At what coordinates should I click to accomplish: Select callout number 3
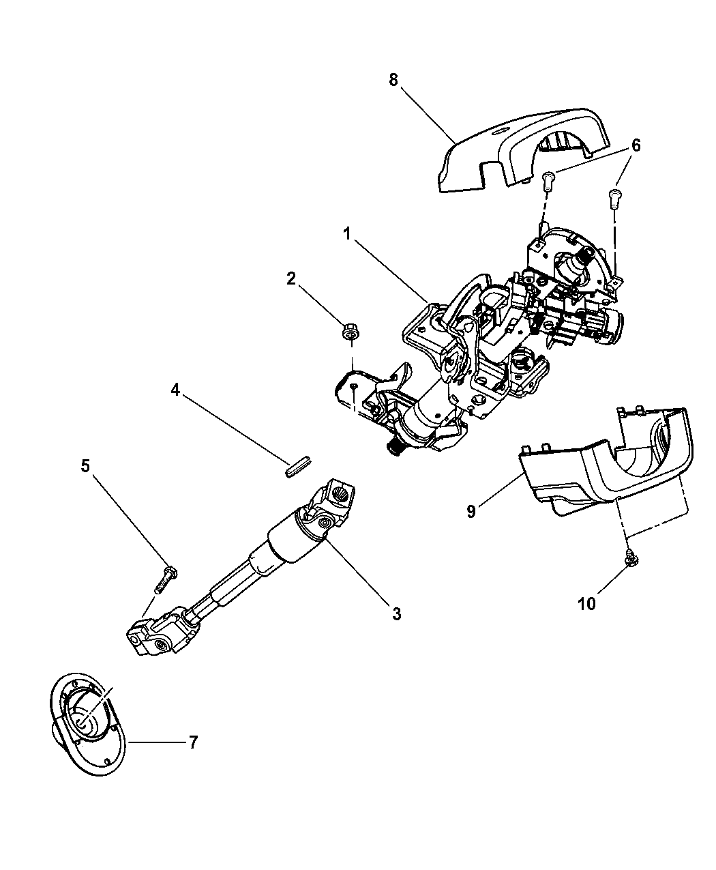point(396,613)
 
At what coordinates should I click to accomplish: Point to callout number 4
point(175,390)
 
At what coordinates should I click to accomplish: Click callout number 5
point(85,466)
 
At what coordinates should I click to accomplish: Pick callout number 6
point(636,145)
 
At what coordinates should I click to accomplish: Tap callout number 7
point(193,742)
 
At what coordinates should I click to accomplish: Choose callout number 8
point(393,80)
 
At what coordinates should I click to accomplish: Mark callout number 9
point(490,511)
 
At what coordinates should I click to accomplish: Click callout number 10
point(586,603)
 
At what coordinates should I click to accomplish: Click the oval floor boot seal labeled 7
point(87,723)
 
